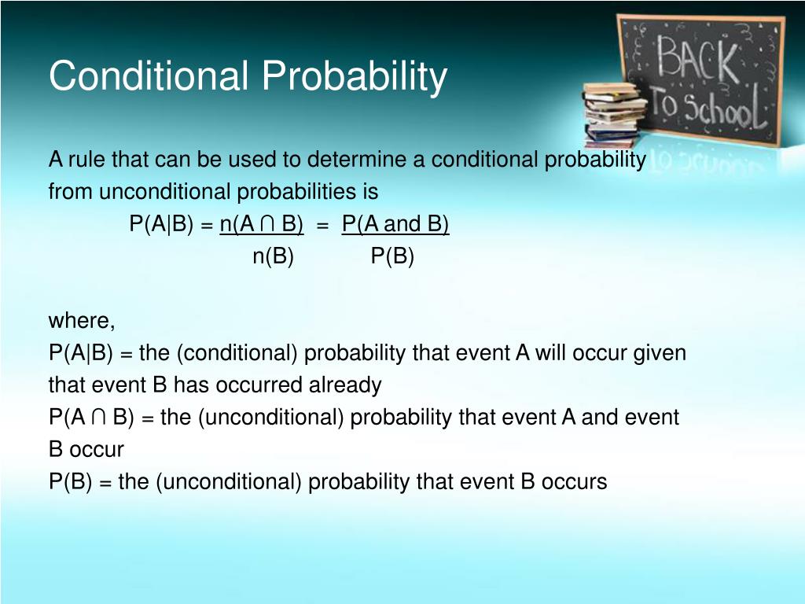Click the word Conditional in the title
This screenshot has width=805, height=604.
coord(149,75)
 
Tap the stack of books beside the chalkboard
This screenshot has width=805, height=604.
coord(612,115)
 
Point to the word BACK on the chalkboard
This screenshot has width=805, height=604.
coord(698,58)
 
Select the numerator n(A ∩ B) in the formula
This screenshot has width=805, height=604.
coord(262,224)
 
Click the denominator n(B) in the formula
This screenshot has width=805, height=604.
coord(273,256)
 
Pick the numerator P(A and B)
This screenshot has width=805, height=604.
coord(395,224)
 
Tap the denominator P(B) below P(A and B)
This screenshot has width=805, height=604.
coord(392,256)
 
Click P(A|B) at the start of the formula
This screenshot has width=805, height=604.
coord(162,224)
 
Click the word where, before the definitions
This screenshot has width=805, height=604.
coord(82,321)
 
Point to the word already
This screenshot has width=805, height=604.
coord(345,385)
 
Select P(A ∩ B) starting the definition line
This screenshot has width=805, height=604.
coord(91,417)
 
